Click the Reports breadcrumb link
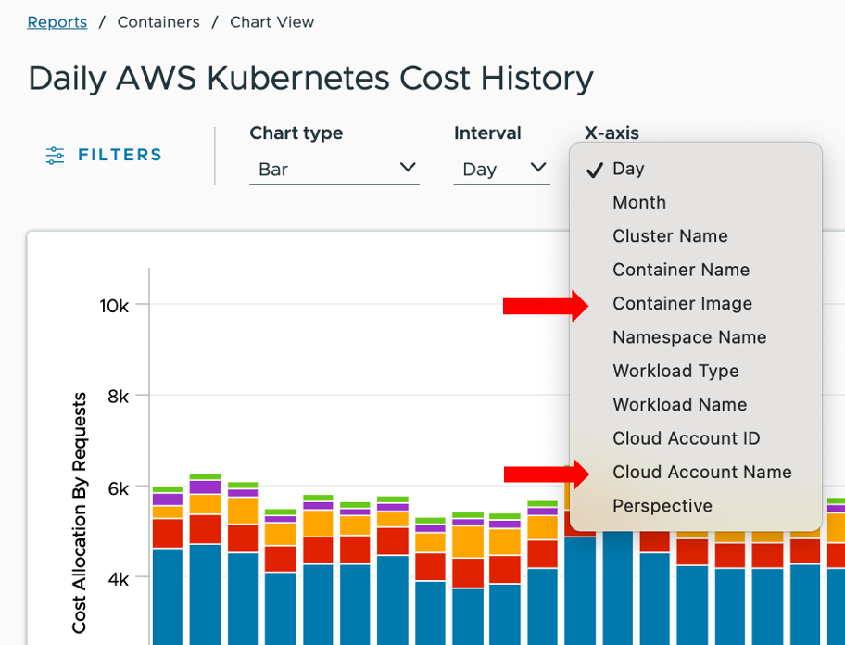[x=57, y=22]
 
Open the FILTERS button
[x=104, y=155]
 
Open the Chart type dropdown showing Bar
[x=334, y=169]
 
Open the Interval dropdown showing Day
[x=501, y=169]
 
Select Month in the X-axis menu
[x=639, y=202]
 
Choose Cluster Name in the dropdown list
[x=670, y=236]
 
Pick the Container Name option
[x=681, y=270]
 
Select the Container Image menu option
[x=682, y=304]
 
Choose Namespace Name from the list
[x=689, y=337]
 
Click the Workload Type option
[x=675, y=371]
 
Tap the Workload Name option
[x=679, y=405]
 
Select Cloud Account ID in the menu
[x=687, y=438]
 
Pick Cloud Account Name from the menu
[x=701, y=473]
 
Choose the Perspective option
[x=662, y=506]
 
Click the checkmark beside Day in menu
[x=594, y=169]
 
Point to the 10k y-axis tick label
[x=114, y=305]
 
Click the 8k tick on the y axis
[x=119, y=396]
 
